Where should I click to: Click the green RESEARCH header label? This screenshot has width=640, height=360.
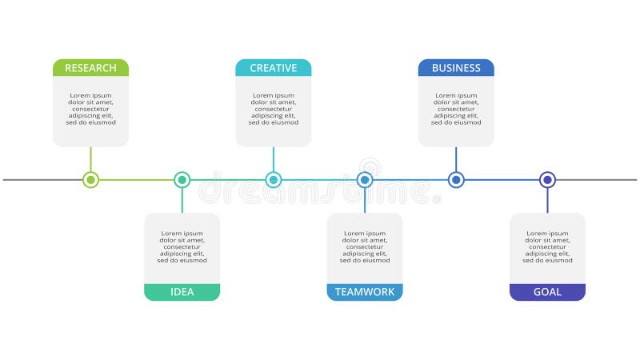tap(90, 68)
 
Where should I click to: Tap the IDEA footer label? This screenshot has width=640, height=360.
tap(182, 292)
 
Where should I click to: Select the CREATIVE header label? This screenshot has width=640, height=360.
tap(273, 68)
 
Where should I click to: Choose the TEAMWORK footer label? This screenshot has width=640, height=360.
tap(365, 292)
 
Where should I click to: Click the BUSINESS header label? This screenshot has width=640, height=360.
tap(456, 68)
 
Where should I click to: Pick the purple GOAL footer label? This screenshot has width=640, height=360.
tap(547, 292)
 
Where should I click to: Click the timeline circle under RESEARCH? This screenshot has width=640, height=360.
tap(90, 180)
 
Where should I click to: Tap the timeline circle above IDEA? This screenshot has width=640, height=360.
tap(182, 180)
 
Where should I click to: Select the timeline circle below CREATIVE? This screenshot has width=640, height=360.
tap(273, 180)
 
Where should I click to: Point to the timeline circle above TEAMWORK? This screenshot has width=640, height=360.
tap(365, 180)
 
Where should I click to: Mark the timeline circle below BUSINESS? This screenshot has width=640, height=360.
tap(456, 180)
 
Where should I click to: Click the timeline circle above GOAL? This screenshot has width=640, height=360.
tap(547, 180)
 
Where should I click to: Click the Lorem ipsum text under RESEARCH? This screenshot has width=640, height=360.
tap(90, 109)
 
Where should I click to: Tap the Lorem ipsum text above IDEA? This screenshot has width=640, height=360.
tap(182, 246)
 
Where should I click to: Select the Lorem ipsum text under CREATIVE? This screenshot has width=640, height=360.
tap(273, 109)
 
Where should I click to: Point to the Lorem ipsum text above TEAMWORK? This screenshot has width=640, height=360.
tap(365, 246)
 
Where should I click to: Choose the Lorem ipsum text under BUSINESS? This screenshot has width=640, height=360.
tap(456, 109)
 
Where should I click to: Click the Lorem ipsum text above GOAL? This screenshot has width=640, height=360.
tap(547, 246)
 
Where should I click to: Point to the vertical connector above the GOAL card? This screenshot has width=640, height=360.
tap(547, 201)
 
